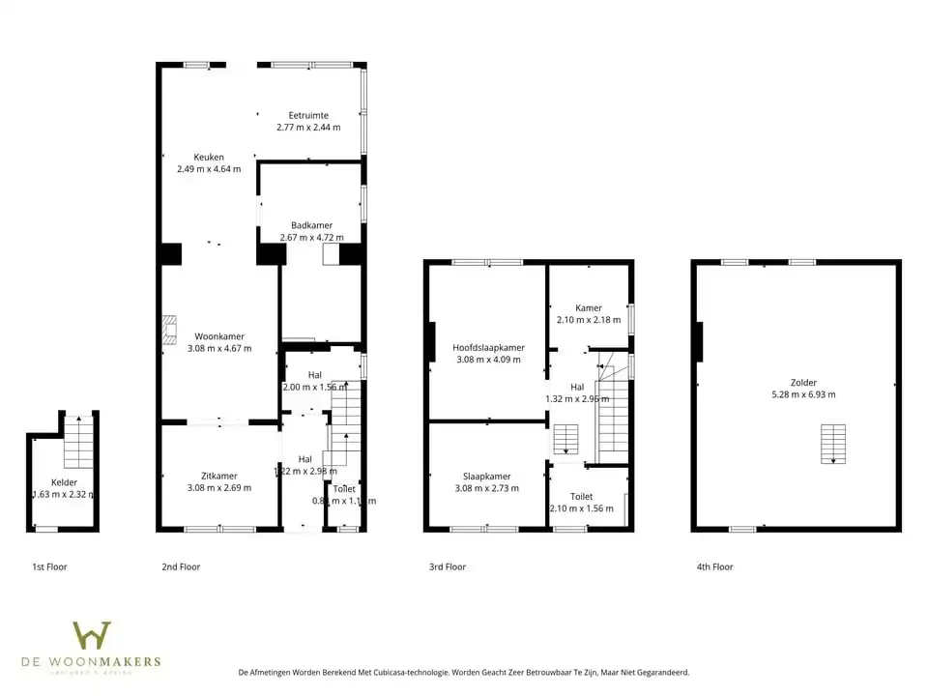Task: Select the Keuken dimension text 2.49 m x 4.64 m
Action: click(x=209, y=169)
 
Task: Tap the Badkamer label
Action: click(x=311, y=225)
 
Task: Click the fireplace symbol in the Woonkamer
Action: click(x=170, y=329)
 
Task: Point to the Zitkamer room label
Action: click(x=218, y=476)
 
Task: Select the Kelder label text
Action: click(x=64, y=482)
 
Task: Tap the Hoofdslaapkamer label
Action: click(x=488, y=347)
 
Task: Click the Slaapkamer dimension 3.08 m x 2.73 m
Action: click(x=488, y=488)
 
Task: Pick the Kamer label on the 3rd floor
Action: click(x=588, y=307)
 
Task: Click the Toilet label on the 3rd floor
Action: click(x=581, y=497)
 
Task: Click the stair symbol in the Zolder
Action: click(x=832, y=443)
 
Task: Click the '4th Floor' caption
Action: click(x=714, y=567)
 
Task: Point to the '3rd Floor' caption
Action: click(x=448, y=567)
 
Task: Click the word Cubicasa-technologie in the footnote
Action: click(x=413, y=672)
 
